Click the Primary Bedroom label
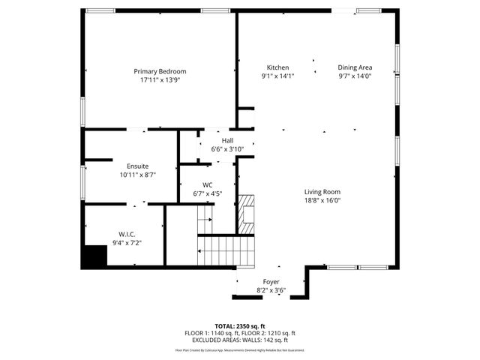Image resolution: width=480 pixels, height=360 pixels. coord(160,71)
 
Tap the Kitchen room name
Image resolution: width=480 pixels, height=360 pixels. coord(278,67)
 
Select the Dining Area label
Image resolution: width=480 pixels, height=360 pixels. coord(355,67)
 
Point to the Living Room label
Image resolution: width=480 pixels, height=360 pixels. coord(322,192)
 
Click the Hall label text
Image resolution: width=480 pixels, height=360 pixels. coord(227,141)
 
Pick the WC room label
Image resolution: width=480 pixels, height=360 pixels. coord(208,185)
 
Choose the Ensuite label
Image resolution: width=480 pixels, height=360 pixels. coord(137,166)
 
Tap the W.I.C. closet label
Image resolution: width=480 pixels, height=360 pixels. coord(126,234)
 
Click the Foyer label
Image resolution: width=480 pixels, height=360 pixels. coord(271,282)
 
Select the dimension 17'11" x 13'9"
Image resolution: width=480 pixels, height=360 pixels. coord(160,79)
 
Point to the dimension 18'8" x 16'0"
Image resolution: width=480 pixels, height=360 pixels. coord(322,200)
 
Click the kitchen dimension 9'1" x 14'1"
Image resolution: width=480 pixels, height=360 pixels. coord(278,76)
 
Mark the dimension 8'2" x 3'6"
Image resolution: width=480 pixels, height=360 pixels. coord(271,290)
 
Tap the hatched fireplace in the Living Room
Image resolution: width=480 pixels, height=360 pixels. coord(247,214)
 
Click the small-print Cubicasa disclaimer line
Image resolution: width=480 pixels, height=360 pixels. coord(240,349)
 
